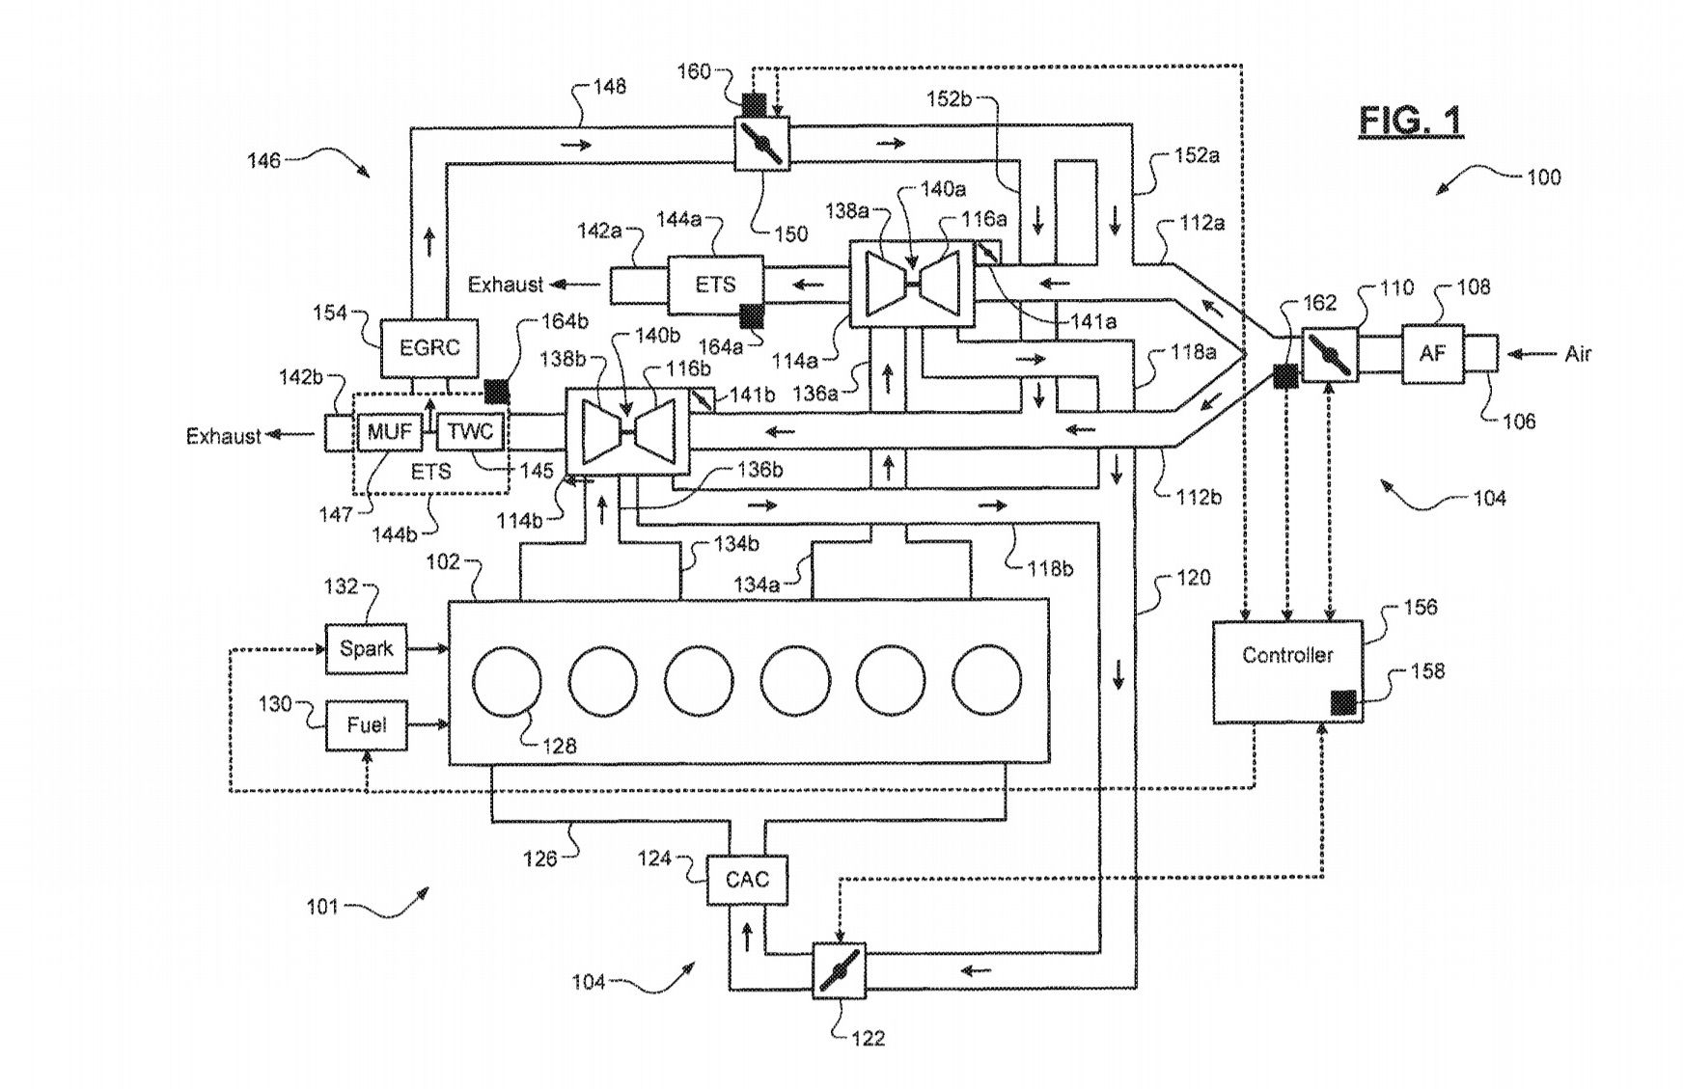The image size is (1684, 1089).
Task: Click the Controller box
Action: click(x=1287, y=671)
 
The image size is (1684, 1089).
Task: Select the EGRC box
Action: click(x=429, y=348)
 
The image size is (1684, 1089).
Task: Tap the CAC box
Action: click(x=747, y=880)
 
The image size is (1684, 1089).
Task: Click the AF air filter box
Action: click(x=1432, y=354)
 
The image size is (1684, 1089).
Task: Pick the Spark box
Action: click(x=366, y=648)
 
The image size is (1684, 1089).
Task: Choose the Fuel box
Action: click(x=366, y=725)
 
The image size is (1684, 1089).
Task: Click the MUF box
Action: click(x=389, y=431)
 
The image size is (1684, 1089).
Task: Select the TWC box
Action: click(x=470, y=431)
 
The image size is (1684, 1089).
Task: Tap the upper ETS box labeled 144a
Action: click(x=715, y=285)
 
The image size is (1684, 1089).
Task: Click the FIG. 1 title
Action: click(x=1411, y=121)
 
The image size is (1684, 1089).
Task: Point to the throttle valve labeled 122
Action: click(x=839, y=970)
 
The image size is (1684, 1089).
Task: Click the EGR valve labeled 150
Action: click(x=762, y=144)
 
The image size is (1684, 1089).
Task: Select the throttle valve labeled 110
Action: click(x=1330, y=354)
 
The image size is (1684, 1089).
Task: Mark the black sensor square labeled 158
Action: click(x=1343, y=702)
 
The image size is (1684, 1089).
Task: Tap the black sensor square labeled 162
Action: click(x=1285, y=376)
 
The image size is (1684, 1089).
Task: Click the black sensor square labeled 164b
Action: click(x=496, y=391)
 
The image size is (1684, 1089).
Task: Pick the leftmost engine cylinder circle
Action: click(x=507, y=682)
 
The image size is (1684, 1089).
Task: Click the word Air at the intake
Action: click(x=1578, y=354)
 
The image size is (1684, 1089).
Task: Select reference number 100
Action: click(x=1543, y=177)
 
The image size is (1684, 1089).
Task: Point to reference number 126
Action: click(x=539, y=858)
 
